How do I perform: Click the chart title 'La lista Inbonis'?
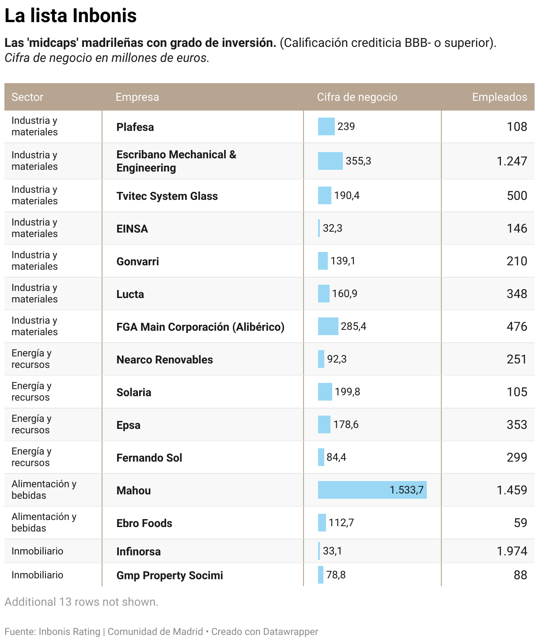click(71, 16)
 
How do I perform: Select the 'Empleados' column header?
click(499, 97)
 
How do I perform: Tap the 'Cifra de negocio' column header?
click(357, 97)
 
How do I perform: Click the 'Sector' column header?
click(27, 97)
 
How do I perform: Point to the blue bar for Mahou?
click(372, 490)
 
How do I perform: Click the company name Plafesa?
click(135, 127)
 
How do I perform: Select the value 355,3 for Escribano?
click(358, 161)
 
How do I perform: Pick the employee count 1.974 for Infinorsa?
click(512, 551)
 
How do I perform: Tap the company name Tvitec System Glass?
click(167, 196)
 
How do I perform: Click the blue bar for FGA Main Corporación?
click(328, 326)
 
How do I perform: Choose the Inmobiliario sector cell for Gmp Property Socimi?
click(38, 575)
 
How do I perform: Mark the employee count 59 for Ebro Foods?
click(520, 523)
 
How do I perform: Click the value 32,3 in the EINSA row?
click(333, 228)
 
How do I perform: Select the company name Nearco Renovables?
click(164, 359)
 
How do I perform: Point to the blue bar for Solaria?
click(325, 392)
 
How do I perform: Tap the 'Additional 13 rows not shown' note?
click(81, 602)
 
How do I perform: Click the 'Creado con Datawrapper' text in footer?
click(264, 631)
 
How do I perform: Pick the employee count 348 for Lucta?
click(517, 294)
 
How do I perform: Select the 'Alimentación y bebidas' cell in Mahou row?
click(44, 489)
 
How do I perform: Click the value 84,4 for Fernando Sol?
click(336, 457)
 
